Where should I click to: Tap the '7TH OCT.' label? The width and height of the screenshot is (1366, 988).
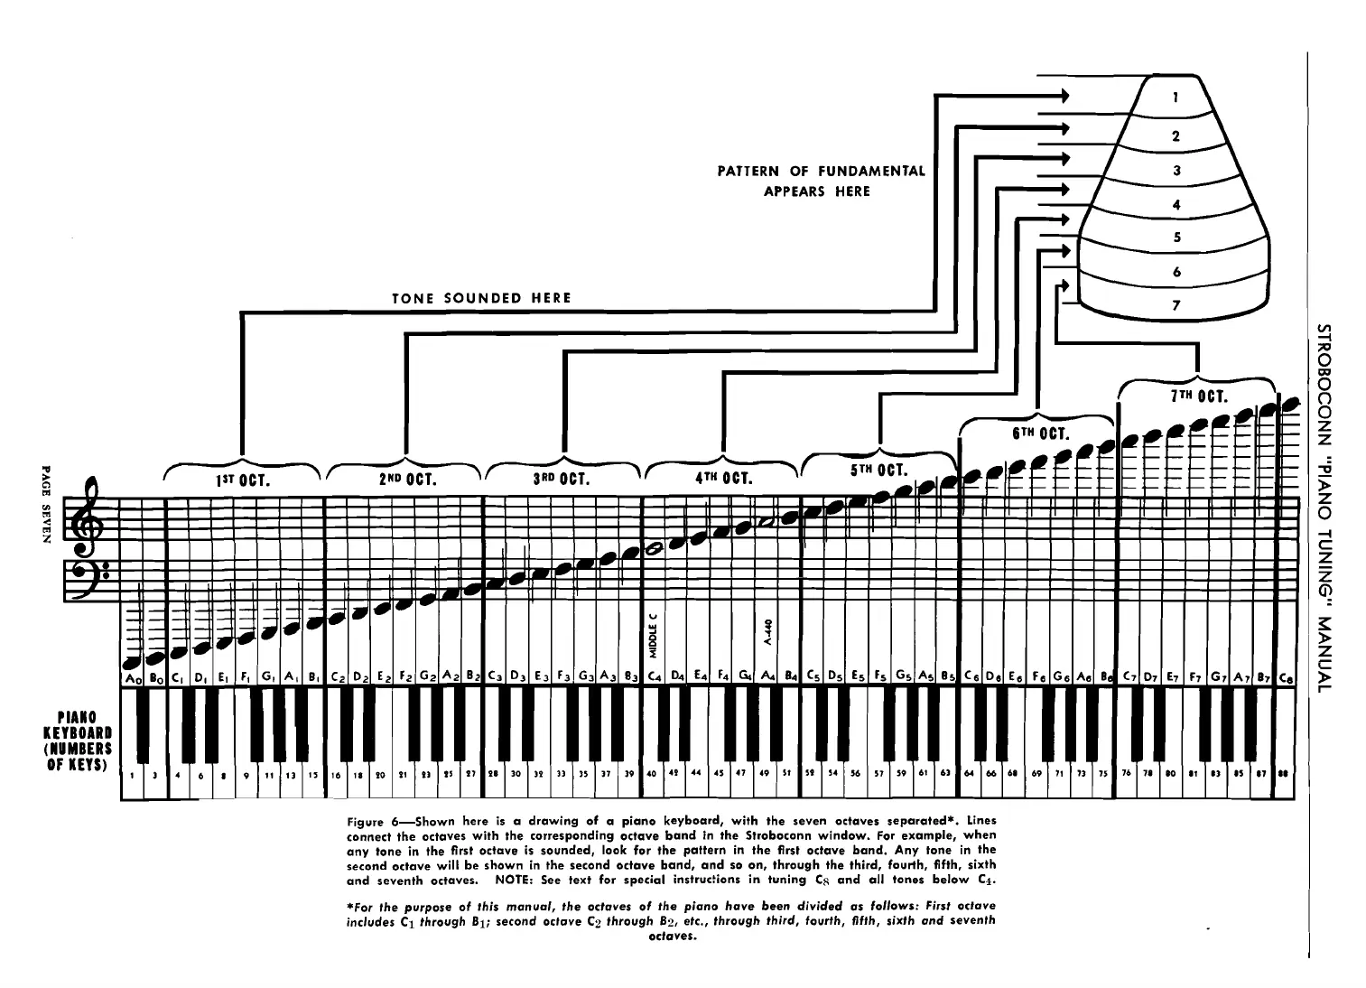(x=1197, y=396)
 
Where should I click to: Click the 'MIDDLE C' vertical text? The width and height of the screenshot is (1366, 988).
(x=653, y=636)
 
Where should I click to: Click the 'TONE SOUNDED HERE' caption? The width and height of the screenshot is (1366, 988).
(x=481, y=299)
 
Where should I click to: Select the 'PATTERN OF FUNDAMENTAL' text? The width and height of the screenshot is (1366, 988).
(x=821, y=171)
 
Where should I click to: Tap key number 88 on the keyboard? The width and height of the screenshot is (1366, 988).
(x=1282, y=774)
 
